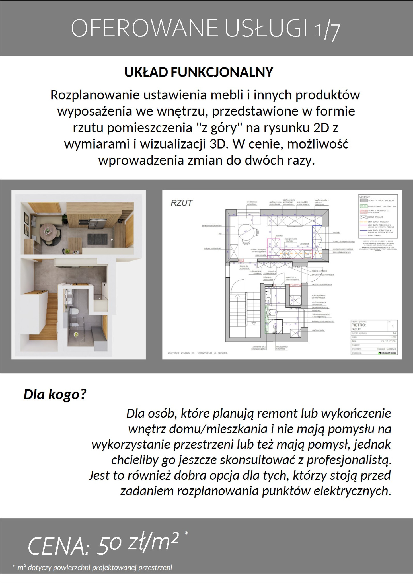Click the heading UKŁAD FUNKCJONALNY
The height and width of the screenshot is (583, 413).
(199, 72)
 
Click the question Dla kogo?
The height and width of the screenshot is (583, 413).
(55, 395)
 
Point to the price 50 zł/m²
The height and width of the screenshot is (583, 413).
(138, 543)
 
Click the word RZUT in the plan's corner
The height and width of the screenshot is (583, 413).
(181, 203)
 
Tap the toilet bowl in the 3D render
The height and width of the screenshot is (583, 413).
(75, 311)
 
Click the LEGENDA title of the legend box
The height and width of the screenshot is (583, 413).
(365, 197)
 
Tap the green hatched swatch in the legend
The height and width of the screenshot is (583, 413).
(364, 206)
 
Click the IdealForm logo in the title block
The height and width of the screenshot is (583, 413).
(387, 353)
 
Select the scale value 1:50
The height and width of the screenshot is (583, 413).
(394, 337)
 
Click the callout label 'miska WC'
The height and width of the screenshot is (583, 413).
(316, 311)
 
